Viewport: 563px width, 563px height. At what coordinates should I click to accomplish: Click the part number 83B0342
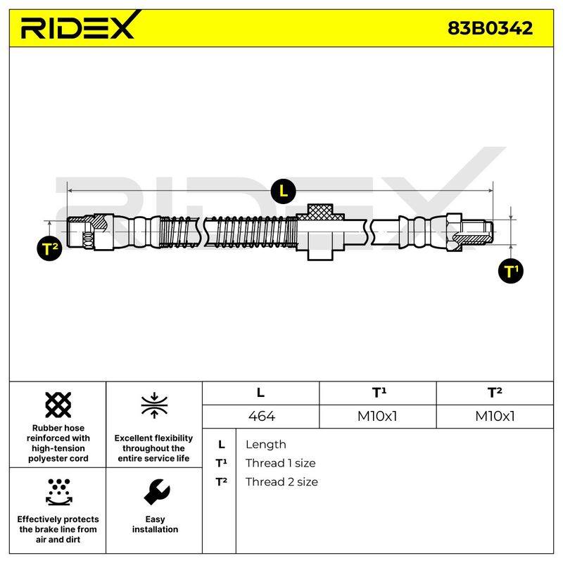[490, 28]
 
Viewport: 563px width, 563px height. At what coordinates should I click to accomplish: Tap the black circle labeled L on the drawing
[284, 191]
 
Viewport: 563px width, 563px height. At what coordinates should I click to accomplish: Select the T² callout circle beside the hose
[49, 248]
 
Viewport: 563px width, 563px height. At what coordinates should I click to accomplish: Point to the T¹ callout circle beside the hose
[511, 271]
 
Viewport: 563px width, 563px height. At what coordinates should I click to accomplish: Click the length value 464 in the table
[261, 416]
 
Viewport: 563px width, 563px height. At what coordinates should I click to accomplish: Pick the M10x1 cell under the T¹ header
[377, 416]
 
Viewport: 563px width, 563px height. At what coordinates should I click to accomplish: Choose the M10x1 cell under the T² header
[495, 416]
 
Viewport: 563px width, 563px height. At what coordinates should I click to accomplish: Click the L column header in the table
[260, 393]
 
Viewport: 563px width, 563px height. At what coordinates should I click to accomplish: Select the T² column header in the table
[495, 393]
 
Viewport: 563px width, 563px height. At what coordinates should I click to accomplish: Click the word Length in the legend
[266, 445]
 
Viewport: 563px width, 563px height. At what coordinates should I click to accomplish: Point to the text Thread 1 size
[280, 463]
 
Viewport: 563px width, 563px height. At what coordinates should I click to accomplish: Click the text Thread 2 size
[281, 482]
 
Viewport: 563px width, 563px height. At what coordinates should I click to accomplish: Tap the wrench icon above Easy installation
[156, 491]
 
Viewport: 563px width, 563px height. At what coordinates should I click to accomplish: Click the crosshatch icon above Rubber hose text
[58, 405]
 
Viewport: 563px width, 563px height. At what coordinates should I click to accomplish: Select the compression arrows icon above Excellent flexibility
[154, 405]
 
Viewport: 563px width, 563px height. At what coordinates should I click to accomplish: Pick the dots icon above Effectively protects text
[59, 492]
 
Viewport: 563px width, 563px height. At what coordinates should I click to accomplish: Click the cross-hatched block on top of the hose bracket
[320, 213]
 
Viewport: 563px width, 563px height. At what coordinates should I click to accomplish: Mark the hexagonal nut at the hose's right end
[454, 232]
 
